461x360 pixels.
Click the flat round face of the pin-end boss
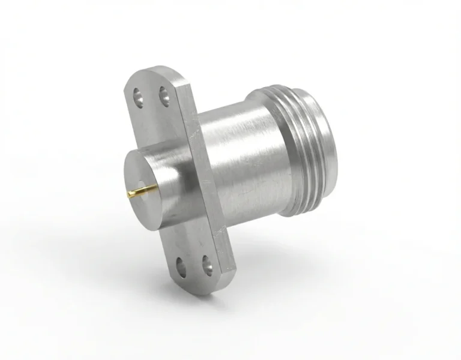click(146, 180)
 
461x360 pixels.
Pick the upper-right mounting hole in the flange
click(162, 94)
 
